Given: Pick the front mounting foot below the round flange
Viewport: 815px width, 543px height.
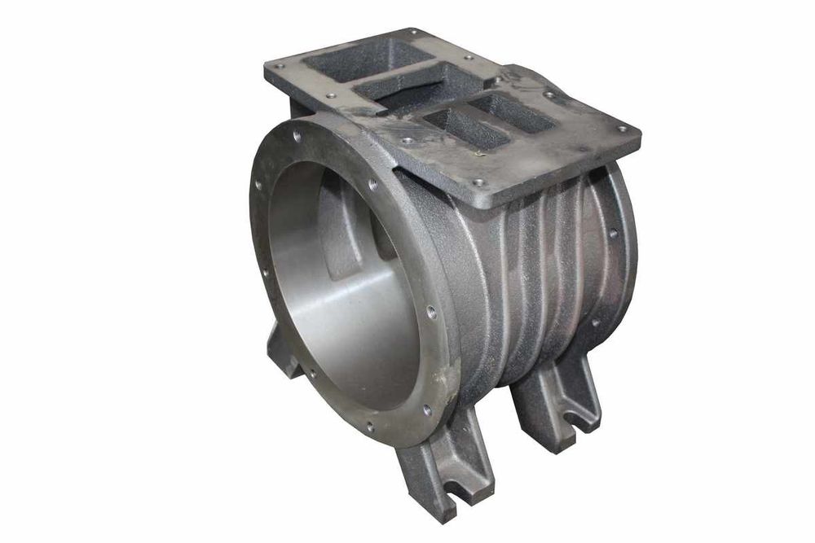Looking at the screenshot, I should (x=444, y=464).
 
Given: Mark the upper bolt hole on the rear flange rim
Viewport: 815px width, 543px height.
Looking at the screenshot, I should (x=612, y=232).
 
